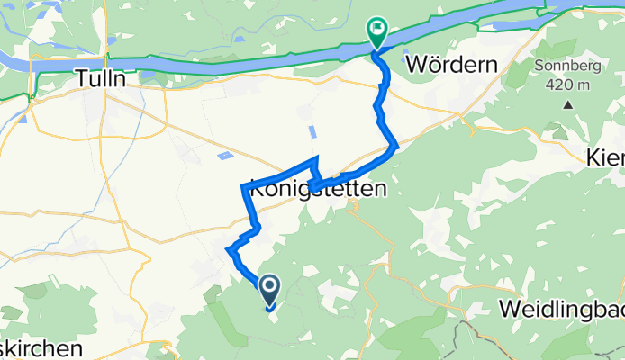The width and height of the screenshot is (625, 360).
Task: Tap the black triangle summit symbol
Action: (568, 104)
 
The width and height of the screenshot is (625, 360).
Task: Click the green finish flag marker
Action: (376, 33)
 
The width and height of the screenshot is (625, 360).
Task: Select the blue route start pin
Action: (268, 289)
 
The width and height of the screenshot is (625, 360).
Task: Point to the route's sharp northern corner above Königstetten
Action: (315, 159)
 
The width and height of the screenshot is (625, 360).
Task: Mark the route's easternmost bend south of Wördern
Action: (395, 146)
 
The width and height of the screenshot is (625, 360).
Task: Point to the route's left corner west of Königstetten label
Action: (244, 186)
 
